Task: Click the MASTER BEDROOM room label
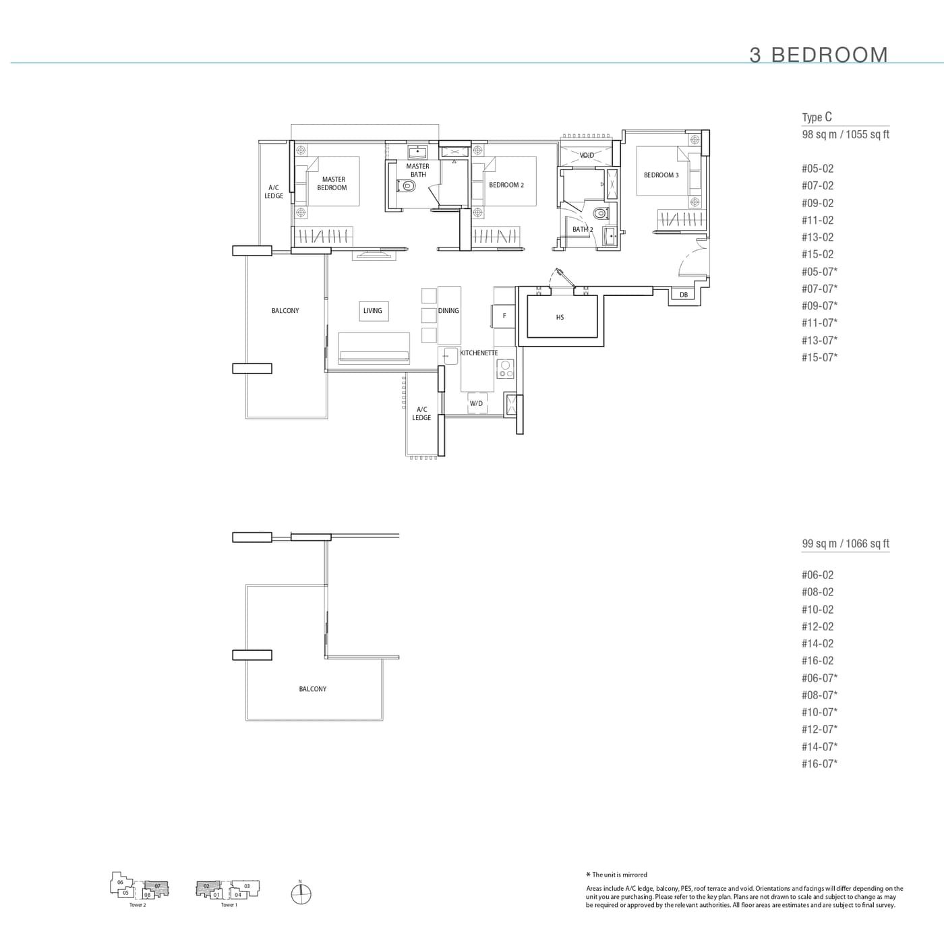(332, 183)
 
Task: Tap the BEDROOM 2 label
(506, 185)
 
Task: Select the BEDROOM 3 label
(661, 175)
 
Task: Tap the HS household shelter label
(560, 318)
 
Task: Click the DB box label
(684, 295)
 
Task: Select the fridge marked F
(504, 316)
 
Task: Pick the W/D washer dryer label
(476, 403)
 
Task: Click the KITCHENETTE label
(479, 353)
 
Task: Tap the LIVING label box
(373, 311)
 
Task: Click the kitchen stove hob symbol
(505, 369)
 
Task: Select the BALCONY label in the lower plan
(313, 689)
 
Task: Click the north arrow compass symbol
(301, 894)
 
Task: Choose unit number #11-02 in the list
(817, 220)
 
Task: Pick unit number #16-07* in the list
(819, 764)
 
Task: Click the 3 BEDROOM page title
(819, 55)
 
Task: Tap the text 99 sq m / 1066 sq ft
(846, 543)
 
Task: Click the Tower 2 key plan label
(138, 905)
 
